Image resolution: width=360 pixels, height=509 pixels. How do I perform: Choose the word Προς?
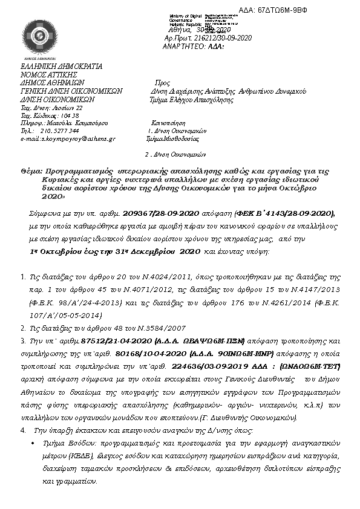point(162,83)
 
